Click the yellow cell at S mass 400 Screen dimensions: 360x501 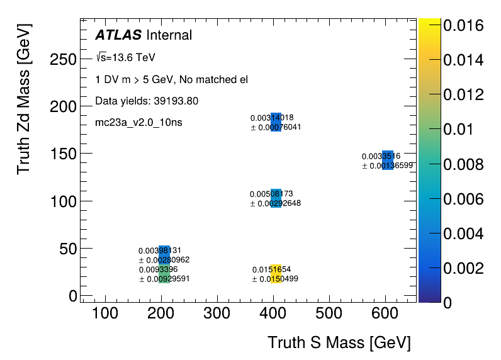point(276,274)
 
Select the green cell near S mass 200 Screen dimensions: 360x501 point(164,274)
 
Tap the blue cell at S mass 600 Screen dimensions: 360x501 point(388,160)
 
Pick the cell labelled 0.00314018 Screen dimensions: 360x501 point(276,122)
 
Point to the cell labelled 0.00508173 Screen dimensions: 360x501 point(276,198)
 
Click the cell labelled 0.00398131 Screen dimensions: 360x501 point(164,254)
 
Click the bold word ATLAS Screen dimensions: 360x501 point(118,35)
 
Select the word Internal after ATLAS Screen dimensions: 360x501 point(169,35)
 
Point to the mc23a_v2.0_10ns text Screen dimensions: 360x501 point(138,122)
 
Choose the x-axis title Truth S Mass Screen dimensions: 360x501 point(339,343)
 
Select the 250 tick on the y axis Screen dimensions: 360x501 point(62,59)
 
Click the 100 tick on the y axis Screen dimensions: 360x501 point(62,201)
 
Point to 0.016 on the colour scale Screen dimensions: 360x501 point(463,26)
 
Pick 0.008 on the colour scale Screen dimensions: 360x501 point(463,164)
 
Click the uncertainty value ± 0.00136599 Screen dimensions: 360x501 point(387,166)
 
